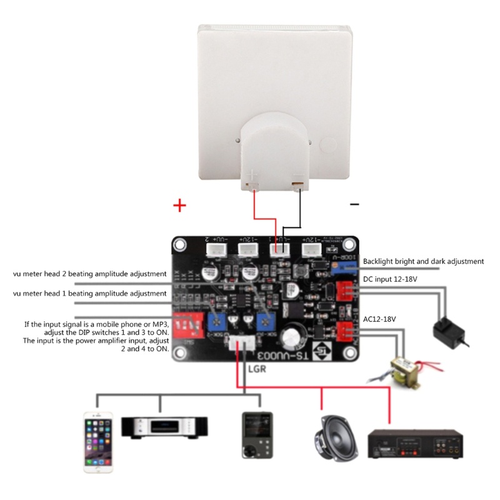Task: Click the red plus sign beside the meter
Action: [179, 206]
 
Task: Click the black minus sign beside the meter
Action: [354, 204]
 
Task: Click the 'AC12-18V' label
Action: [381, 318]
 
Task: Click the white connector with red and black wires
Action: [279, 250]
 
